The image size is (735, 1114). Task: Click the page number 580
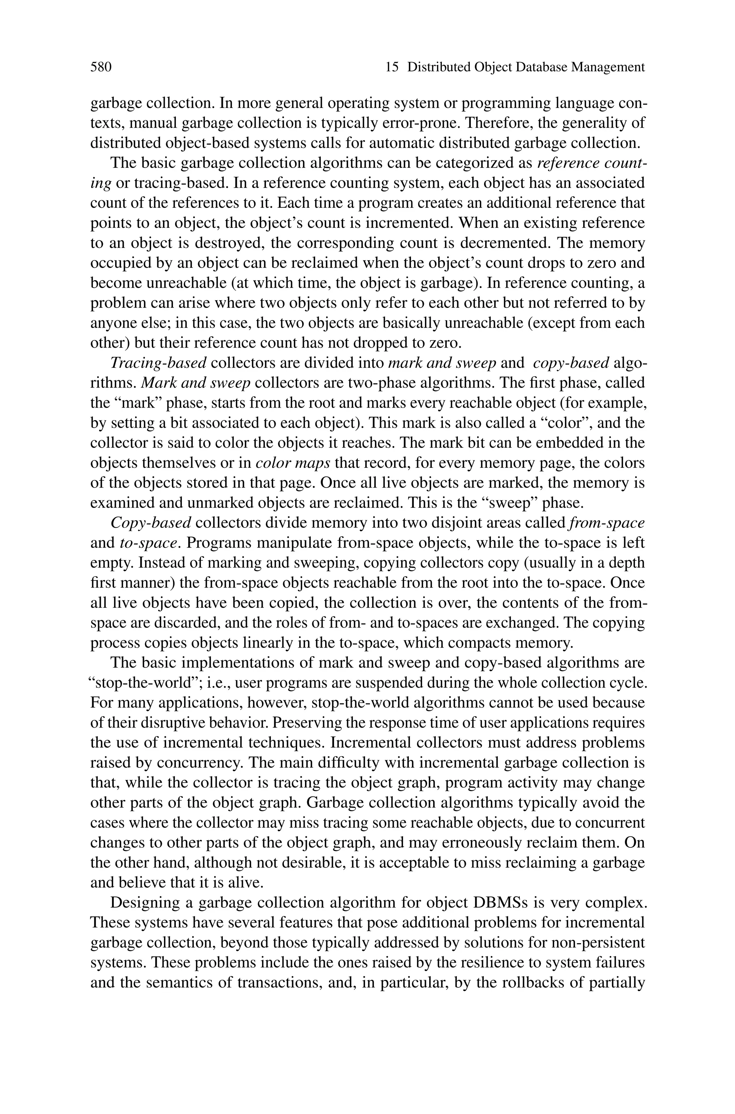101,67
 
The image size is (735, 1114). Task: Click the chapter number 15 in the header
392,67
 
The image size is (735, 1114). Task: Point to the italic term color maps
293,463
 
